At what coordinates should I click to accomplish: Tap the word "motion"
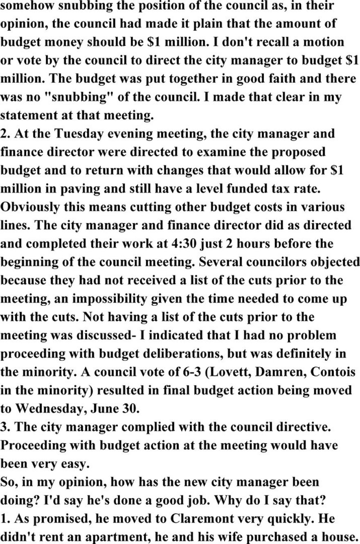322,43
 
